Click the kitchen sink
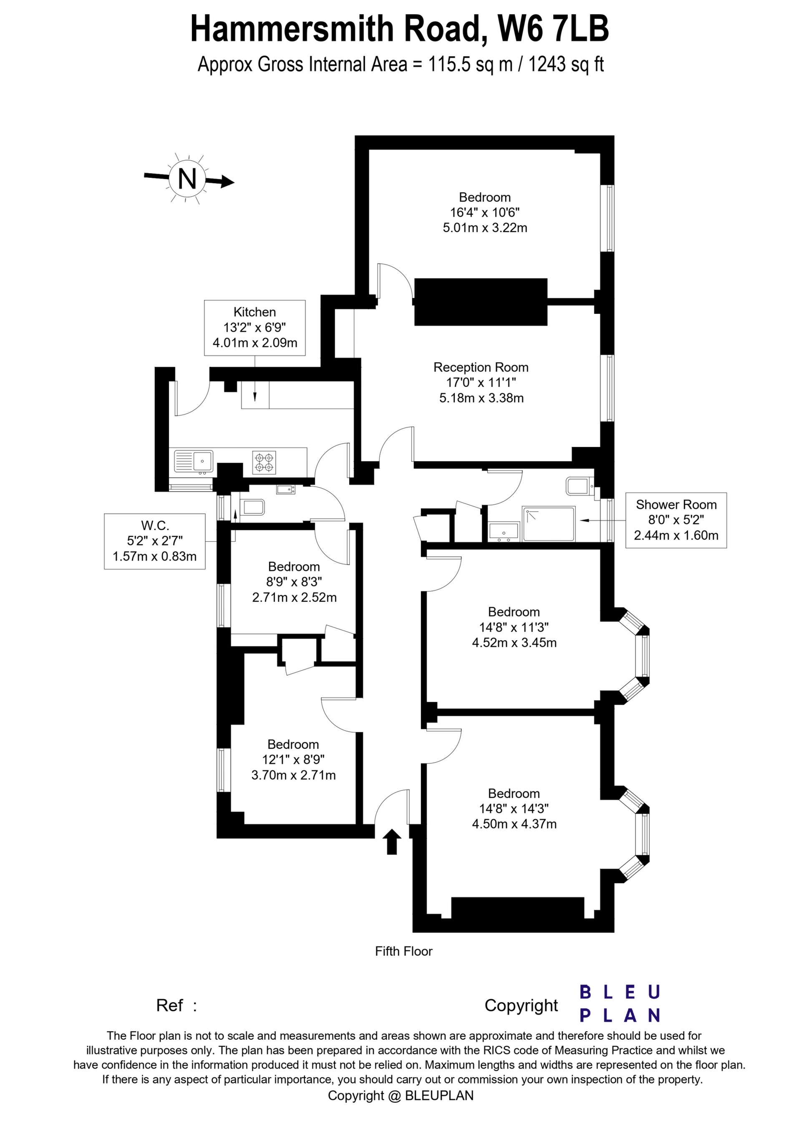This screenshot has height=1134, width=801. coord(194,462)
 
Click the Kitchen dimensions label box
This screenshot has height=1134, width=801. coord(254,328)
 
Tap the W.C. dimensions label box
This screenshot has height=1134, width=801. coord(155,541)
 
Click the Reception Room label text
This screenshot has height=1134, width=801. coord(481,367)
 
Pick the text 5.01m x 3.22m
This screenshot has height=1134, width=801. coord(484,228)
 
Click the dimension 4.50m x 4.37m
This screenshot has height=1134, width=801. coord(514,824)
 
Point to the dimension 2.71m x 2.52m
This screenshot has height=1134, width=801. coord(294,597)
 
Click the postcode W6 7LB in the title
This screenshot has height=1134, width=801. coord(553,29)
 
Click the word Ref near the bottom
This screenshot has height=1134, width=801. coord(169,1005)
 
